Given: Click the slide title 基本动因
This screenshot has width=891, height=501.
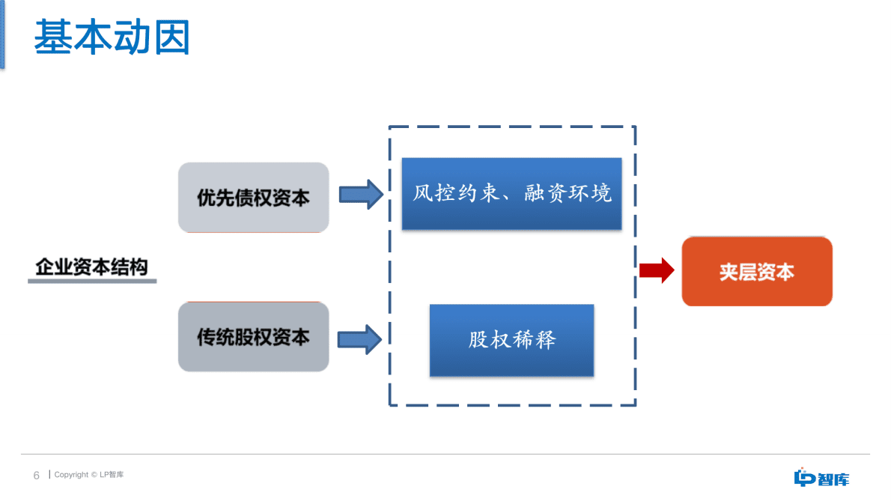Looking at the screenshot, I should (112, 37).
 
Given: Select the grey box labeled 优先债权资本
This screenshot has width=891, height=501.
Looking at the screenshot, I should (253, 198).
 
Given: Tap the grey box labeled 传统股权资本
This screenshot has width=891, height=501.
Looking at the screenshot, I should (253, 337).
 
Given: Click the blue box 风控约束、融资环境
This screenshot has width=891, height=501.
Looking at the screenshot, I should (511, 194).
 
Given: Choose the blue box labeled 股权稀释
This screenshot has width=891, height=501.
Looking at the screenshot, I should (511, 340).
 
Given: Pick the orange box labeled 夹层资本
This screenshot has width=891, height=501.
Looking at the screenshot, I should (756, 271).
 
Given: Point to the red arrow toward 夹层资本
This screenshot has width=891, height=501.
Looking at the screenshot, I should (657, 270).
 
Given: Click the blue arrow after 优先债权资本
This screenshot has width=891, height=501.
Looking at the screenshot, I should (361, 195).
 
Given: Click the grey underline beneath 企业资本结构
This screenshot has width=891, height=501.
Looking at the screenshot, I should (92, 282).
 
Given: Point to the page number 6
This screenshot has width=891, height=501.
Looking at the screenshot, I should (36, 476).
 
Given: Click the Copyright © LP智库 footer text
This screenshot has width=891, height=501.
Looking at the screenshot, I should (89, 475).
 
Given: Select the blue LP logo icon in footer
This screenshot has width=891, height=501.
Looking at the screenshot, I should (804, 477).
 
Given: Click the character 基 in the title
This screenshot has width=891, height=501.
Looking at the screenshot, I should (52, 37).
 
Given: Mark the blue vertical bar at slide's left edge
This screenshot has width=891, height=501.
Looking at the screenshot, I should (1, 34).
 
